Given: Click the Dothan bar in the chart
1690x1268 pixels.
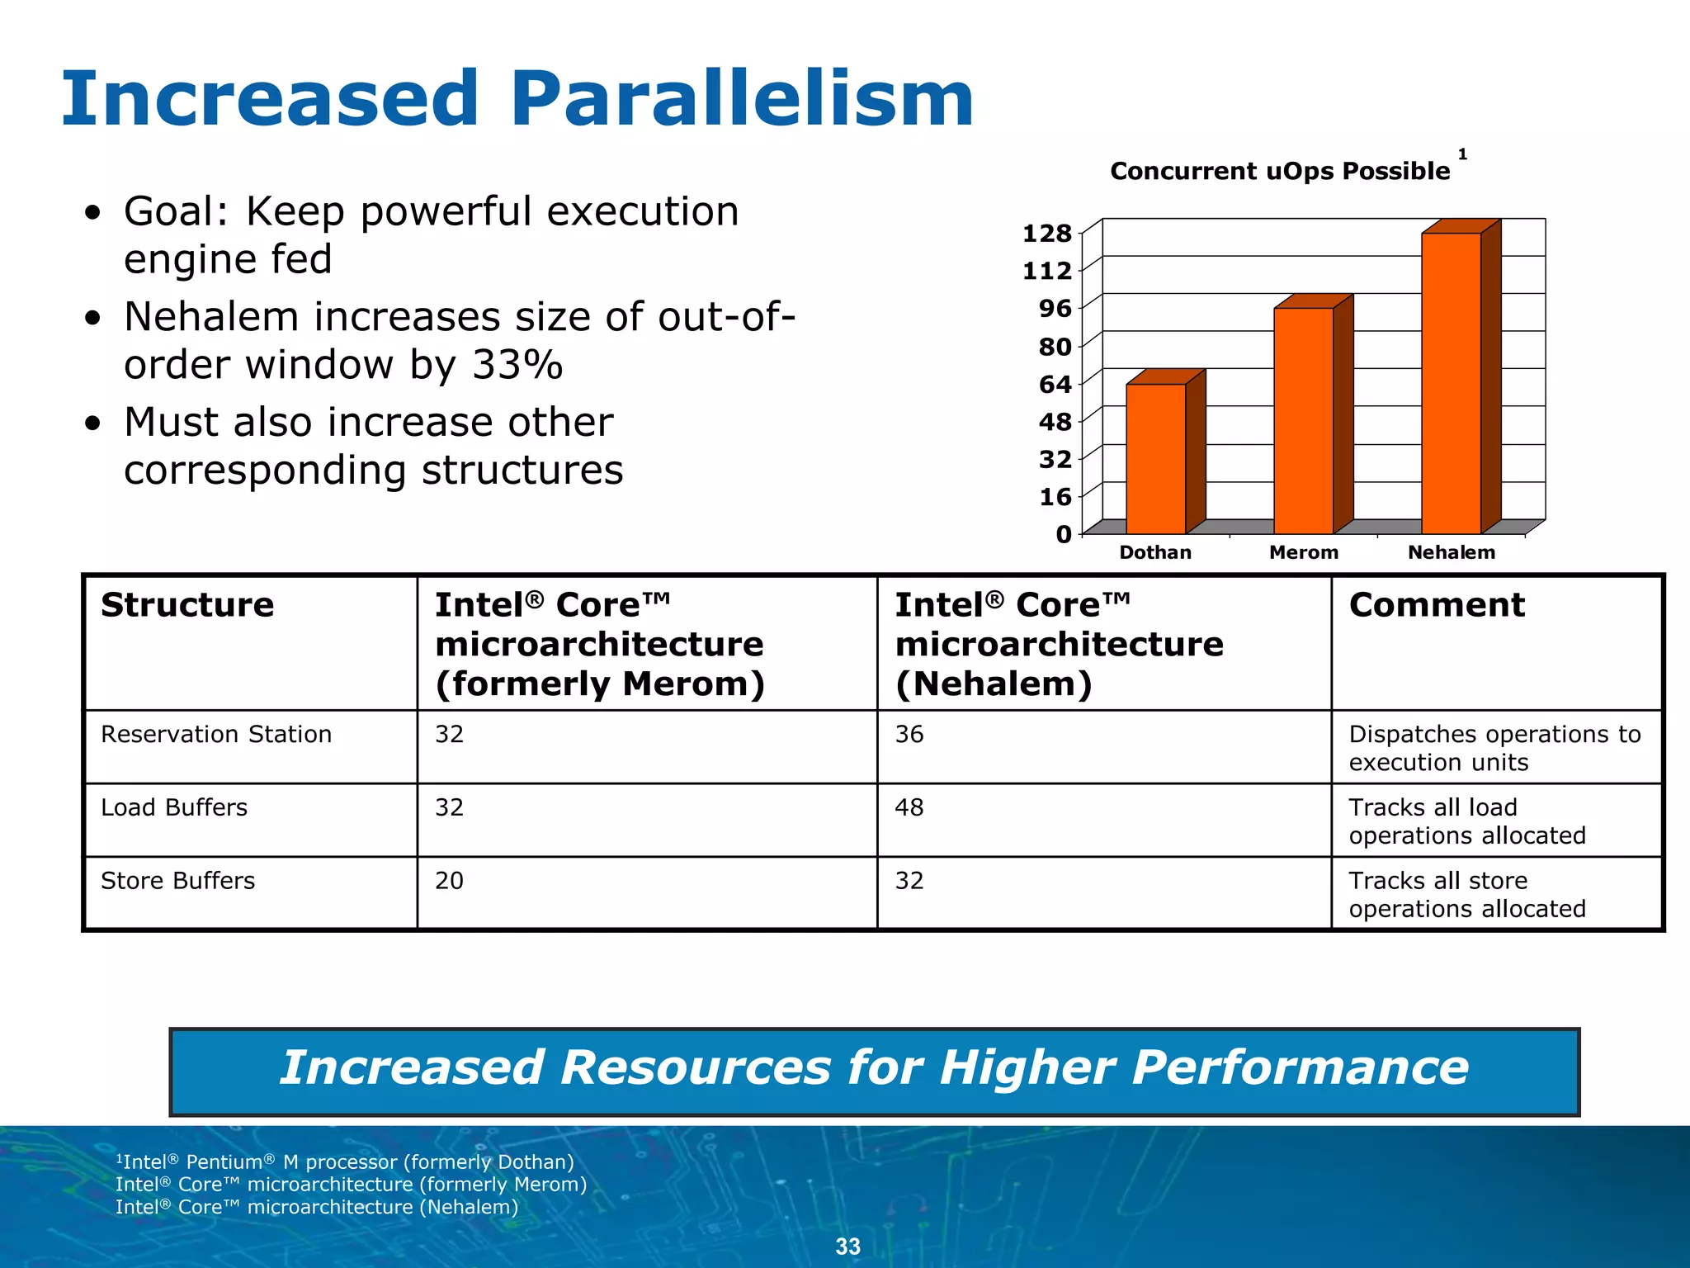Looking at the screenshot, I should click(1156, 458).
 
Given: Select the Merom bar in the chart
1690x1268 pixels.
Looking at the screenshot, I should click(1304, 421).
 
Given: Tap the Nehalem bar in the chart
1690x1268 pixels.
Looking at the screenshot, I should click(1451, 384).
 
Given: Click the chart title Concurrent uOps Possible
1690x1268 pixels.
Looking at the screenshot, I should click(1279, 171).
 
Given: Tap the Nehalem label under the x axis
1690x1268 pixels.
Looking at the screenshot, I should click(1451, 552).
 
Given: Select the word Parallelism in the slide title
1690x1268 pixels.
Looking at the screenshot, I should click(741, 99).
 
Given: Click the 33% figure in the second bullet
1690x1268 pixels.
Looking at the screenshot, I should click(517, 364).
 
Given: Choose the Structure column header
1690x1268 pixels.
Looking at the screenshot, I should click(187, 605).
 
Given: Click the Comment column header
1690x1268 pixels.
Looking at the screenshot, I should click(1437, 605).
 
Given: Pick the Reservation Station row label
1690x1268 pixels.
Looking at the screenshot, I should click(216, 734).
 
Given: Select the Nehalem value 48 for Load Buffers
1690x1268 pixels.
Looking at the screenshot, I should click(909, 807).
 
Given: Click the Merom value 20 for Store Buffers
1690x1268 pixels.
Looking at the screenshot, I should click(449, 881).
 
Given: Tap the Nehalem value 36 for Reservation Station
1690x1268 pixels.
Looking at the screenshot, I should click(909, 734).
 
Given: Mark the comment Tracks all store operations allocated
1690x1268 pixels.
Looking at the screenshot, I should click(1467, 894).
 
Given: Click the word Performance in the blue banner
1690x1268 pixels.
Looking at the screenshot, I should click(1300, 1067).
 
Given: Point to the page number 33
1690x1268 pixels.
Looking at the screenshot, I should click(847, 1247).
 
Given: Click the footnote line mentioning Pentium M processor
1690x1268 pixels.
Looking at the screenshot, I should click(345, 1162).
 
